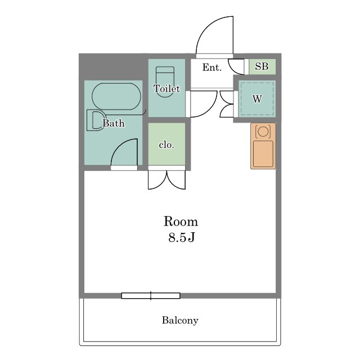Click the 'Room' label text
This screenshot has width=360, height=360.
click(181, 222)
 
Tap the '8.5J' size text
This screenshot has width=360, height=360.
click(181, 237)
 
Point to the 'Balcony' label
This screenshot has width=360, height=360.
click(180, 320)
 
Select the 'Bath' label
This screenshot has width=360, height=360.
click(114, 123)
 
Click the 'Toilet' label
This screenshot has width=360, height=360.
click(166, 89)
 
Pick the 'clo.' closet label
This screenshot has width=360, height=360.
click(166, 145)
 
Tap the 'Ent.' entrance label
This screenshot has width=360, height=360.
click(211, 67)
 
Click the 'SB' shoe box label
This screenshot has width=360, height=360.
click(262, 66)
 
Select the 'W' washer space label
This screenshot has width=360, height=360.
click(257, 99)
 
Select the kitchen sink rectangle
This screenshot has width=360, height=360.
click(263, 154)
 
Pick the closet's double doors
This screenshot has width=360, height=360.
click(166, 179)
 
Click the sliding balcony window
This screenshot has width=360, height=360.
click(151, 296)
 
